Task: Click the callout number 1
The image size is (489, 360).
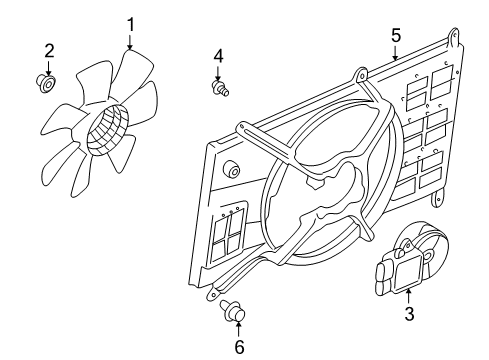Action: (x=130, y=21)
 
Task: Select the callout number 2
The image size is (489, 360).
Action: (x=48, y=50)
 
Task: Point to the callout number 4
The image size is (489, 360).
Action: (x=218, y=55)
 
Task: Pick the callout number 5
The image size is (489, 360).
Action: (x=396, y=35)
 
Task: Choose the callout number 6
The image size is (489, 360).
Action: (x=238, y=347)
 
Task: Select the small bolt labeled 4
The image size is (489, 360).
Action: (x=219, y=90)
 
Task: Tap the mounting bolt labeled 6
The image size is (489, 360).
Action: (x=236, y=316)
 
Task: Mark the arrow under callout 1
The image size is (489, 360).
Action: (x=130, y=40)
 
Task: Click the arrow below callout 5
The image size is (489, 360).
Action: (x=396, y=53)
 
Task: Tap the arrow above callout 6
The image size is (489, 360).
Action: (x=238, y=329)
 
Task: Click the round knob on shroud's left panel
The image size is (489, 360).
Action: (x=232, y=169)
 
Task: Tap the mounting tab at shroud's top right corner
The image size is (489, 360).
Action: (x=456, y=39)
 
